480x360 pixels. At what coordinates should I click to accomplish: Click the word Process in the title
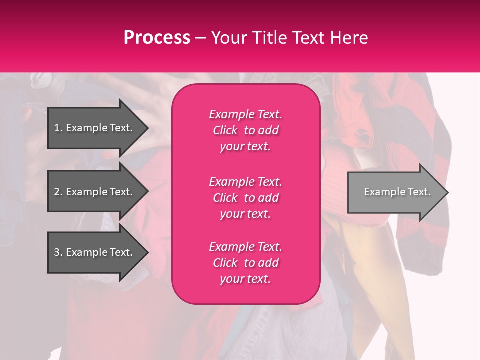point(157,38)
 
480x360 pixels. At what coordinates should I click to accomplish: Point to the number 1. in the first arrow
point(58,128)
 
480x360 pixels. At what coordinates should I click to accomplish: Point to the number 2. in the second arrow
point(58,192)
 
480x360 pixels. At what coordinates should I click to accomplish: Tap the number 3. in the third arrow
point(58,252)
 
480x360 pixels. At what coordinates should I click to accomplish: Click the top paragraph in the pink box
point(245,130)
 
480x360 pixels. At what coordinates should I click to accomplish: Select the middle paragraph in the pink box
point(245,198)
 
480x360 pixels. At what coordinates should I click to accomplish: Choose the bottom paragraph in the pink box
point(245,263)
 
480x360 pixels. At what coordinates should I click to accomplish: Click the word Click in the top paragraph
point(225,130)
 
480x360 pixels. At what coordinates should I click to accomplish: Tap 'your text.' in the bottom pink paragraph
point(245,279)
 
